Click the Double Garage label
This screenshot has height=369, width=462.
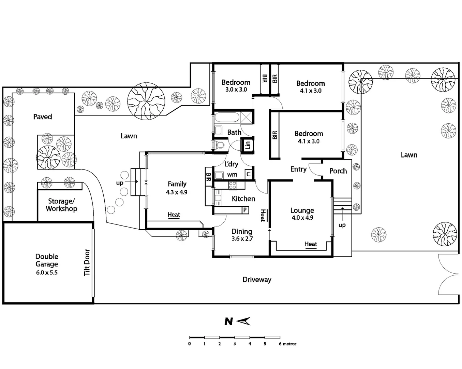point(47,260)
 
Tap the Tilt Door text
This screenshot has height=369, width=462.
point(87,262)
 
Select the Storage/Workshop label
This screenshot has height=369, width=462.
point(61,205)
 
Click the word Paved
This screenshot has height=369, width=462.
point(43,117)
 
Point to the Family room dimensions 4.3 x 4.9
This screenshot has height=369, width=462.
point(177,192)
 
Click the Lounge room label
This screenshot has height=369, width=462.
point(302,210)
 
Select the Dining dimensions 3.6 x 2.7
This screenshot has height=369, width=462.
point(242,239)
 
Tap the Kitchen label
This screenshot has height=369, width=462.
point(243,199)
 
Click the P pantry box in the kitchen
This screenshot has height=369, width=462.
point(245,210)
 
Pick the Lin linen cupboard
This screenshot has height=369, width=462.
point(248,145)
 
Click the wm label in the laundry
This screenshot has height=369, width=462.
point(232,175)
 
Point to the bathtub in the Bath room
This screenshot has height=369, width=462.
point(227,118)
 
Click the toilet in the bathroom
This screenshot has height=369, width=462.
point(220,145)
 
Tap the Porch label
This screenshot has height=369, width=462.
point(338,171)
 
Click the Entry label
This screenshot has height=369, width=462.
point(298,169)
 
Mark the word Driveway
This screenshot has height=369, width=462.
point(257,280)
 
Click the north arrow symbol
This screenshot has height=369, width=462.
point(243,321)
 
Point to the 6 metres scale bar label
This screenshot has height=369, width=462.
point(287,344)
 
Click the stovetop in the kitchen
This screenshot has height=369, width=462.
point(233,186)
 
